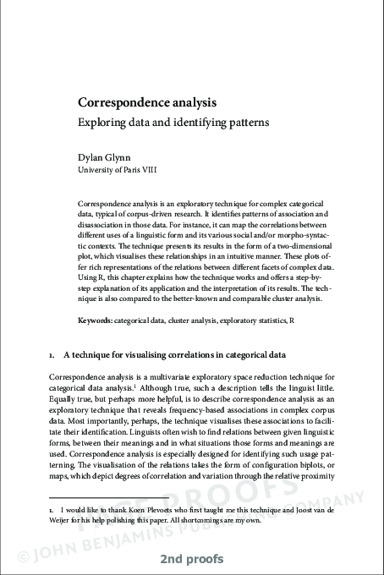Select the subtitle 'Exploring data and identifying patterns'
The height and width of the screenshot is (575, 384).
click(x=173, y=121)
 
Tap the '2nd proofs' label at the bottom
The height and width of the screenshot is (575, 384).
click(x=191, y=561)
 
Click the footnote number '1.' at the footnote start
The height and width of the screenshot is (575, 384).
click(x=52, y=512)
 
